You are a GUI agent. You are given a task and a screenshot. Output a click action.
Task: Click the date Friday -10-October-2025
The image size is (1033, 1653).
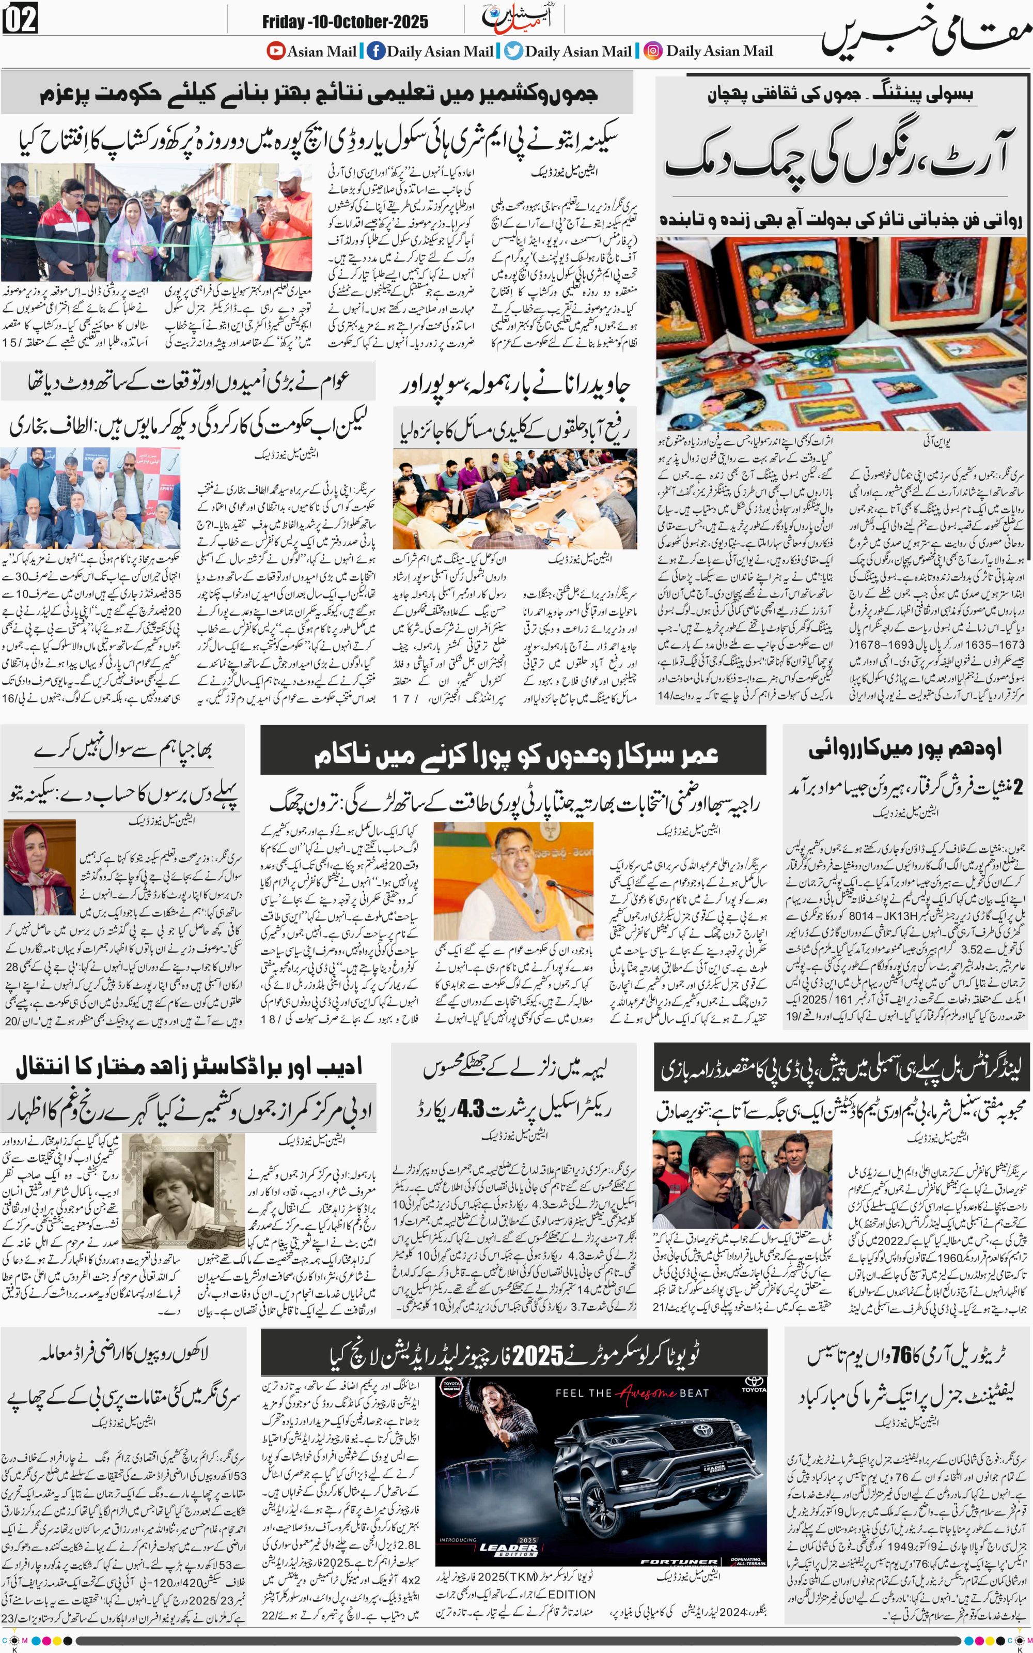[345, 22]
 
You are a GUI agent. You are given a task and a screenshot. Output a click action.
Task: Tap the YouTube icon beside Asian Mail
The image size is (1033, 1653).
[275, 51]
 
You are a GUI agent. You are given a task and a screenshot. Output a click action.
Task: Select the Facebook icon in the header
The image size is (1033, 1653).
[375, 51]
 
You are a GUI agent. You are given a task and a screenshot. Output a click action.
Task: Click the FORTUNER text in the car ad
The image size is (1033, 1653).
[679, 1562]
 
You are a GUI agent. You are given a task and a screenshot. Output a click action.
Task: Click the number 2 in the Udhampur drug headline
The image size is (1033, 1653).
[1018, 788]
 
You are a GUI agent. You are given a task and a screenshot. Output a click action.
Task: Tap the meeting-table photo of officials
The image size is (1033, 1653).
[514, 499]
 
